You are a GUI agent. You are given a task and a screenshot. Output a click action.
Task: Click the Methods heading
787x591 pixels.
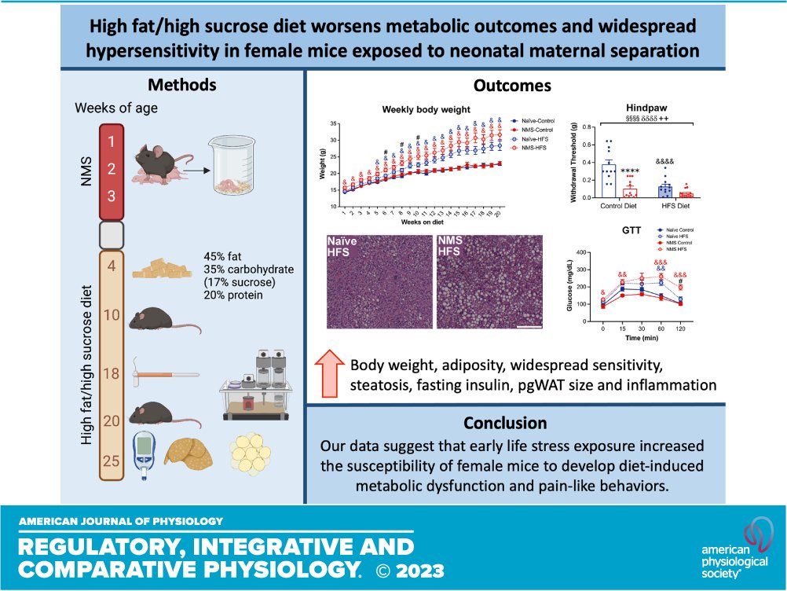click(x=183, y=85)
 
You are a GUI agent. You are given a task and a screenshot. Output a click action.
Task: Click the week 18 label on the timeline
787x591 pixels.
click(x=112, y=373)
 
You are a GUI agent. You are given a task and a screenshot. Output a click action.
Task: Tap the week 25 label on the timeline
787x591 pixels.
click(x=112, y=461)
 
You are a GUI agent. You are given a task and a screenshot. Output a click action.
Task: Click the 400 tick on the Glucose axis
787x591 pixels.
click(x=582, y=252)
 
